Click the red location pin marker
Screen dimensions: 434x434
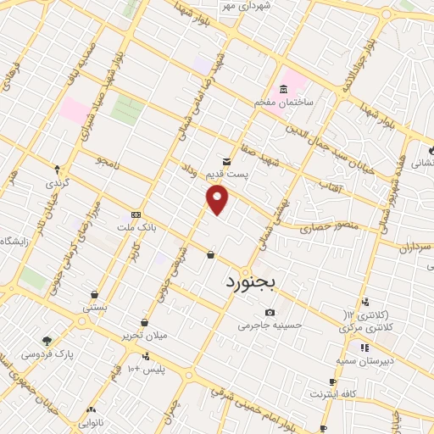pyautogui.click(x=218, y=199)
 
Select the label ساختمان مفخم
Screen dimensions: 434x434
pyautogui.click(x=284, y=102)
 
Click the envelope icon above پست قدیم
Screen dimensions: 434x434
pyautogui.click(x=226, y=160)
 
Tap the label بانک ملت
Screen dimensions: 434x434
pyautogui.click(x=136, y=226)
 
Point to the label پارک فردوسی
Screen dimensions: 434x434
pyautogui.click(x=48, y=351)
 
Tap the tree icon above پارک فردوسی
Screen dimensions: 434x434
pyautogui.click(x=46, y=339)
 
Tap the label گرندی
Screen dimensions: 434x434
pyautogui.click(x=57, y=182)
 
